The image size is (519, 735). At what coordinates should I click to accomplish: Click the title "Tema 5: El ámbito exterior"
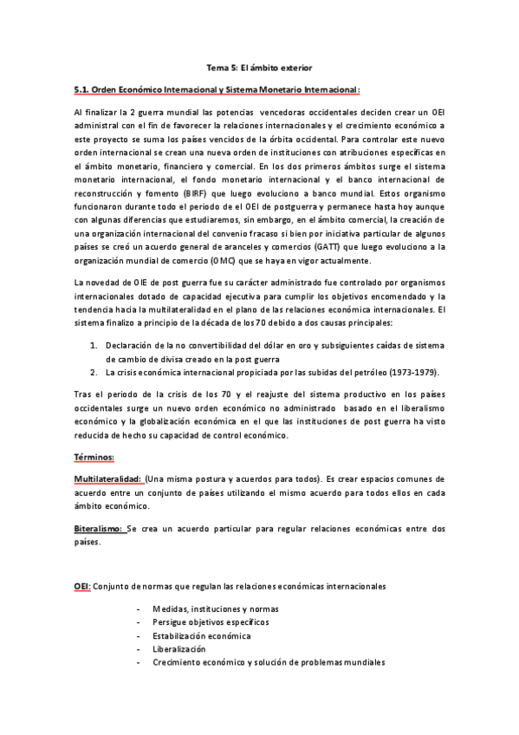coord(259,66)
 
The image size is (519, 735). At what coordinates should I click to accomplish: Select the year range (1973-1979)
coord(409,373)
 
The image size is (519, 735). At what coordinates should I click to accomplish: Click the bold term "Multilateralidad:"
coord(107,478)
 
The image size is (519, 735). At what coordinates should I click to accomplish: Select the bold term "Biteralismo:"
coord(100,528)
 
